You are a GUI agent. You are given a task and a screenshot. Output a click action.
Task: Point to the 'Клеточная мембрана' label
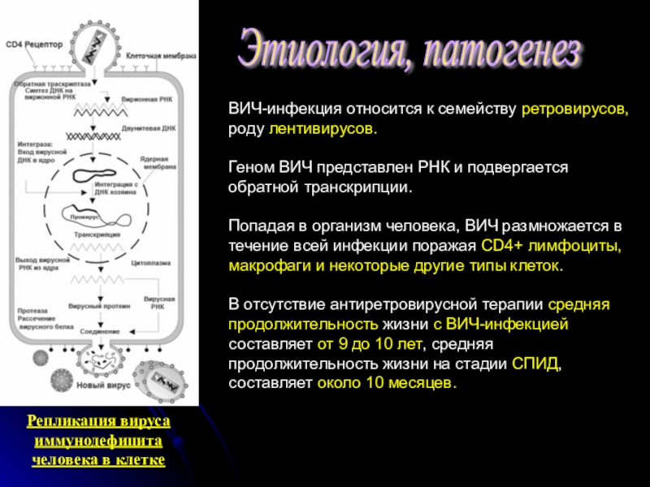coord(161,56)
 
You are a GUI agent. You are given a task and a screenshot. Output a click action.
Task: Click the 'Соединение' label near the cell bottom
coord(99,331)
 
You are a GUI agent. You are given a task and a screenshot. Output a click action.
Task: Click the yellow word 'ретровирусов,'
coord(574,110)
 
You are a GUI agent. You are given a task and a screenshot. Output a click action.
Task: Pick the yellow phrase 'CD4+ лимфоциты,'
coord(552,246)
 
